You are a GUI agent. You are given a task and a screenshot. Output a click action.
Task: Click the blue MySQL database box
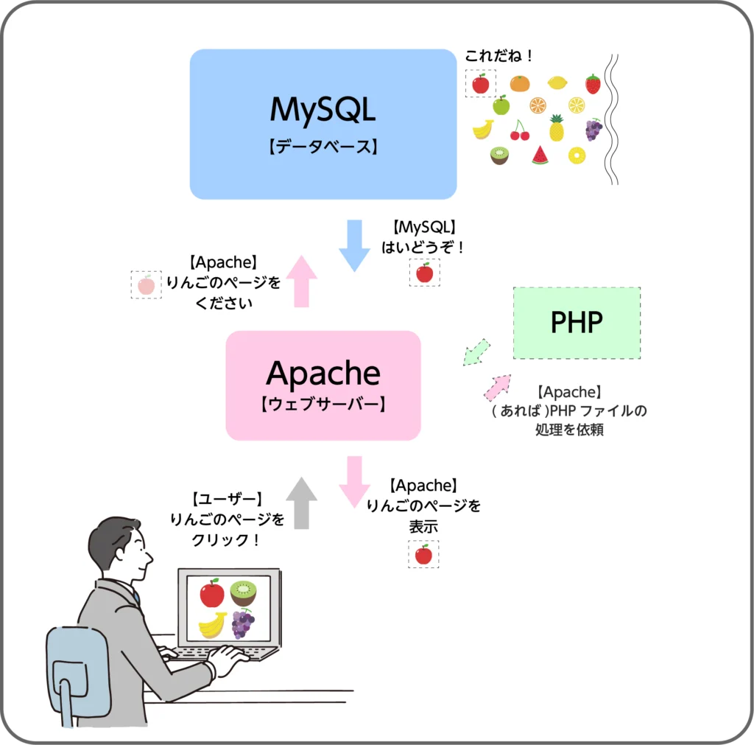tap(323, 124)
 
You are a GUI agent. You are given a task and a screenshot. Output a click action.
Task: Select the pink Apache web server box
tap(323, 385)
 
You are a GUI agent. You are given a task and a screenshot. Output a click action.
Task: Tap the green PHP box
tap(577, 323)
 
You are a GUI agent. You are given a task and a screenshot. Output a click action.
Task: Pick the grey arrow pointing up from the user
tap(301, 503)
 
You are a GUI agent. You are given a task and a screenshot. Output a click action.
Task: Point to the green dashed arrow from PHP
tap(476, 351)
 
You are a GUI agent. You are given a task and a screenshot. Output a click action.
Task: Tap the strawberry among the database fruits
tap(593, 84)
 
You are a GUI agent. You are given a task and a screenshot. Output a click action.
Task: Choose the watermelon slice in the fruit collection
tap(540, 155)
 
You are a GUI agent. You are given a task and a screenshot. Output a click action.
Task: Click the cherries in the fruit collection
tap(520, 131)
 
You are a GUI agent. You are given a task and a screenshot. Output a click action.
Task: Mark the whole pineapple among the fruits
tap(557, 128)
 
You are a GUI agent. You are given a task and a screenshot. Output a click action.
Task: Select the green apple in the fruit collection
tap(501, 105)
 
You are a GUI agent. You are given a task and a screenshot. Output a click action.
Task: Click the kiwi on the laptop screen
tap(242, 592)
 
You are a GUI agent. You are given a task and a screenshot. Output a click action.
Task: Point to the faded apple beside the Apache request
tap(146, 284)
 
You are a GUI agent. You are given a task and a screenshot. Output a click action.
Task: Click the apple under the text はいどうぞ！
tap(424, 273)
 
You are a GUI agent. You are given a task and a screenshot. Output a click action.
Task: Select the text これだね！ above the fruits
tap(498, 56)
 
